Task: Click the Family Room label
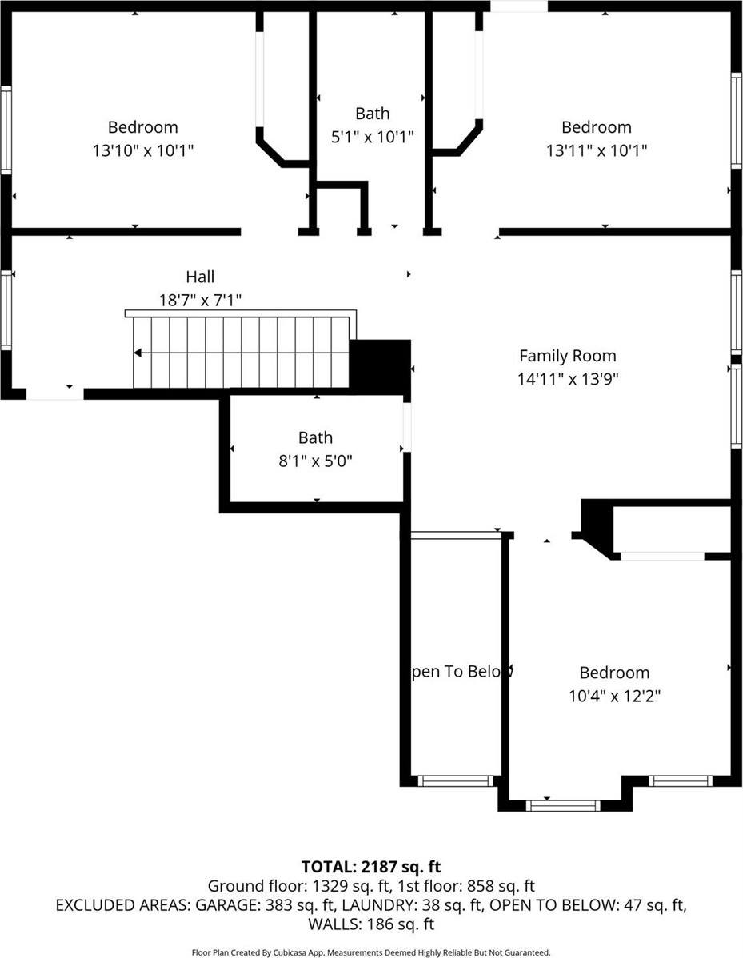pyautogui.click(x=567, y=356)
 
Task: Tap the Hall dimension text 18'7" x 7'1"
pyautogui.click(x=200, y=300)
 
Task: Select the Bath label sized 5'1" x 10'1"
pyautogui.click(x=372, y=114)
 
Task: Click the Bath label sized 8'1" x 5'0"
pyautogui.click(x=315, y=437)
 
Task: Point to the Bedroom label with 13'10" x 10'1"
pyautogui.click(x=142, y=127)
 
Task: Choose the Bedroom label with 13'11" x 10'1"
pyautogui.click(x=596, y=127)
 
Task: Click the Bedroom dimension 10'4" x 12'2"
pyautogui.click(x=614, y=696)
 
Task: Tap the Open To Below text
pyautogui.click(x=457, y=672)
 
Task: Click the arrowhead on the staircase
pyautogui.click(x=138, y=353)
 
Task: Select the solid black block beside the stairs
pyautogui.click(x=382, y=366)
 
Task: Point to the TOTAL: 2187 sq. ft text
pyautogui.click(x=371, y=866)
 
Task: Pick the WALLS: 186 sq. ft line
pyautogui.click(x=371, y=924)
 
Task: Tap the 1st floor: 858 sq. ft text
pyautogui.click(x=461, y=886)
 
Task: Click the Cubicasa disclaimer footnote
pyautogui.click(x=371, y=952)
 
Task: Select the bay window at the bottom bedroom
pyautogui.click(x=562, y=805)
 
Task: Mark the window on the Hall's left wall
pyautogui.click(x=6, y=310)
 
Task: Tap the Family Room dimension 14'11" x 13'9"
pyautogui.click(x=567, y=378)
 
